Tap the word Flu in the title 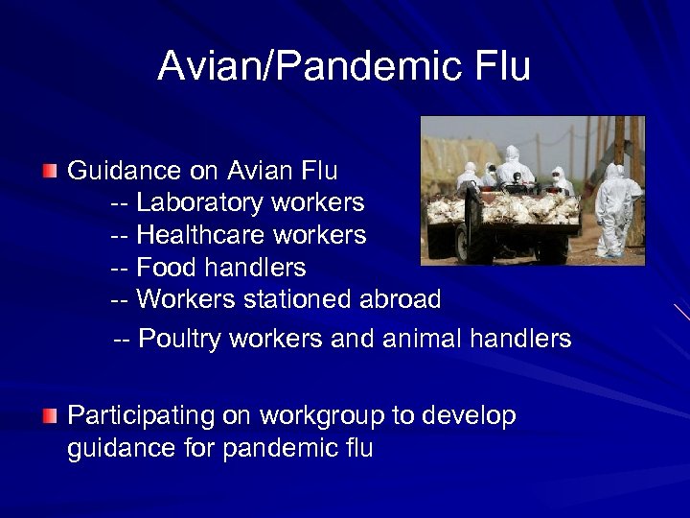[500, 66]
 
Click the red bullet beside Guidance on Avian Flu [49, 171]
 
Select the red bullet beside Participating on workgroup [49, 415]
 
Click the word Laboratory [201, 203]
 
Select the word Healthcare [202, 235]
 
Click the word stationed [298, 299]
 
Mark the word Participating [142, 416]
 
